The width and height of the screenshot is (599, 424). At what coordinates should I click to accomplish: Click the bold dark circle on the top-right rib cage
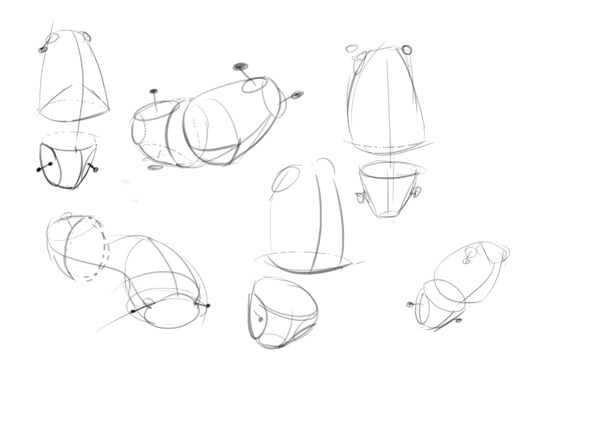pyautogui.click(x=407, y=50)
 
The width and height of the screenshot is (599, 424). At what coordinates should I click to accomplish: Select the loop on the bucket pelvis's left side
pyautogui.click(x=361, y=198)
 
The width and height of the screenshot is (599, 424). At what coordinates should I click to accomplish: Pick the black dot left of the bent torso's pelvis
pyautogui.click(x=133, y=311)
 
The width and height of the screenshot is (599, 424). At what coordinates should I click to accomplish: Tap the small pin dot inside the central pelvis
pyautogui.click(x=260, y=319)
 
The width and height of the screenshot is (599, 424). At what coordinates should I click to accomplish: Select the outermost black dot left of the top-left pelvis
pyautogui.click(x=39, y=170)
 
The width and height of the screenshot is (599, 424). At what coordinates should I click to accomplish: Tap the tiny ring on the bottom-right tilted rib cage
pyautogui.click(x=466, y=261)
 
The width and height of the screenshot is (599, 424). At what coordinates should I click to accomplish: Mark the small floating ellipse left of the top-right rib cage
pyautogui.click(x=351, y=48)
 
